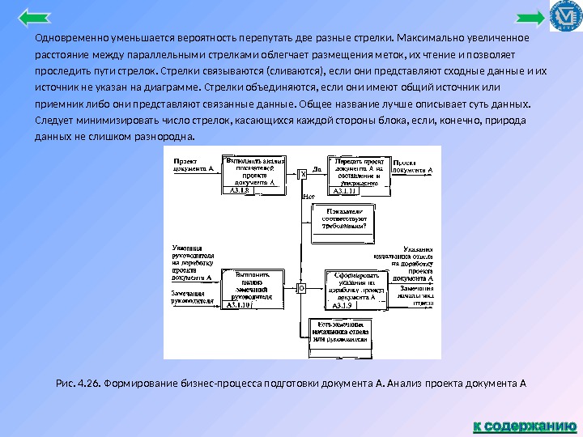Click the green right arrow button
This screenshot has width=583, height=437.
pyautogui.click(x=530, y=19)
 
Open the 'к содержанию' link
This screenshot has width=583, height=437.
pyautogui.click(x=524, y=424)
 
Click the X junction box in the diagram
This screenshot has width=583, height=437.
pyautogui.click(x=304, y=173)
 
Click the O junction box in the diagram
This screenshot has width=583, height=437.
pyautogui.click(x=301, y=287)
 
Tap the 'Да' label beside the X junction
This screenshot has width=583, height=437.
pyautogui.click(x=317, y=169)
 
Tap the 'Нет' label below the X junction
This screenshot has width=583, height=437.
pyautogui.click(x=308, y=197)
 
